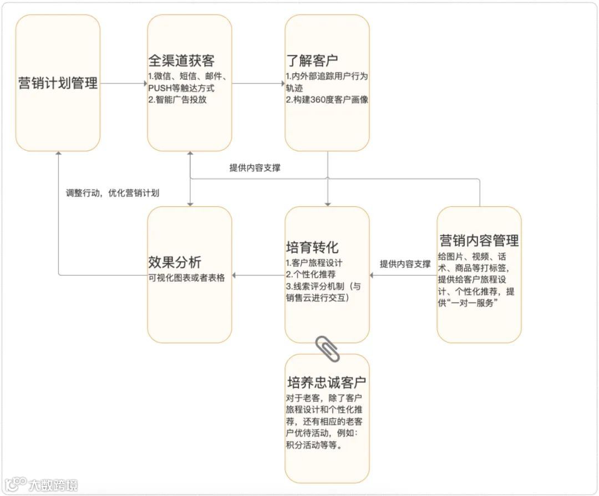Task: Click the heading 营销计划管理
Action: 58,83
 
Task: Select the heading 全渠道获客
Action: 181,60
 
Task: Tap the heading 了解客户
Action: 312,60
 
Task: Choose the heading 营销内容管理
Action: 479,241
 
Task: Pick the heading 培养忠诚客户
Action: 327,382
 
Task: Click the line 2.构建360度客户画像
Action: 327,100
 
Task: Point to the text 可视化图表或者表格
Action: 186,278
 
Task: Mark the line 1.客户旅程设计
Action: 313,262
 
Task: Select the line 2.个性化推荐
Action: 310,274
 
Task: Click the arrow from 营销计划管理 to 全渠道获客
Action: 124,84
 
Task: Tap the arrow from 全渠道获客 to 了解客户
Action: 258,84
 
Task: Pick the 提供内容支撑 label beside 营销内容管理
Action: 405,264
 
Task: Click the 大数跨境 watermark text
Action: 53,485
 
